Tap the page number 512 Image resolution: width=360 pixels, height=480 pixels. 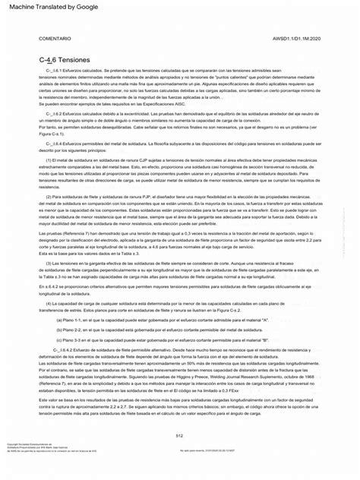[x=180, y=434]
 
